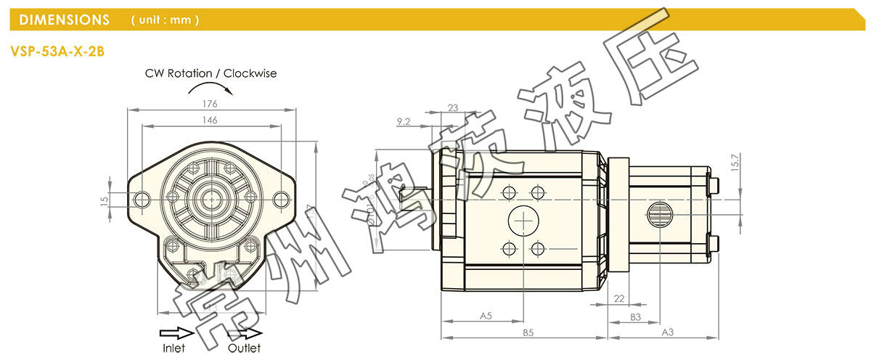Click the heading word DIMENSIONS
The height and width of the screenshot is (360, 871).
pyautogui.click(x=65, y=20)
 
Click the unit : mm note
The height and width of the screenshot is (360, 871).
pyautogui.click(x=165, y=20)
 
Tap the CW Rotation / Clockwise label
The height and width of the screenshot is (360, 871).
pyautogui.click(x=210, y=73)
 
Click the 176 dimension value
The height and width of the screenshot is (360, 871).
pyautogui.click(x=211, y=104)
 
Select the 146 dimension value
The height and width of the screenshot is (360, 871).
pyautogui.click(x=210, y=120)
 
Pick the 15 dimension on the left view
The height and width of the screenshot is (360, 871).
pyautogui.click(x=104, y=199)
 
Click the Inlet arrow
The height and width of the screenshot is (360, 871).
pyautogui.click(x=176, y=333)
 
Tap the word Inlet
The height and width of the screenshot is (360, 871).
pyautogui.click(x=173, y=348)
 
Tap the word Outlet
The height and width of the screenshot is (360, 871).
pyautogui.click(x=244, y=348)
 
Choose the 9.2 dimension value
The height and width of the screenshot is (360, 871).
pyautogui.click(x=404, y=122)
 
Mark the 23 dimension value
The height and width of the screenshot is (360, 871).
pyautogui.click(x=453, y=107)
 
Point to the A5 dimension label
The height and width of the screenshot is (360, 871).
pyautogui.click(x=486, y=316)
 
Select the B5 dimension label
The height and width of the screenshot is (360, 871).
pyautogui.click(x=528, y=333)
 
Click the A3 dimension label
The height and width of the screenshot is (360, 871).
pyautogui.click(x=668, y=332)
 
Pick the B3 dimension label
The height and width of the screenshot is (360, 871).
pyautogui.click(x=635, y=316)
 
